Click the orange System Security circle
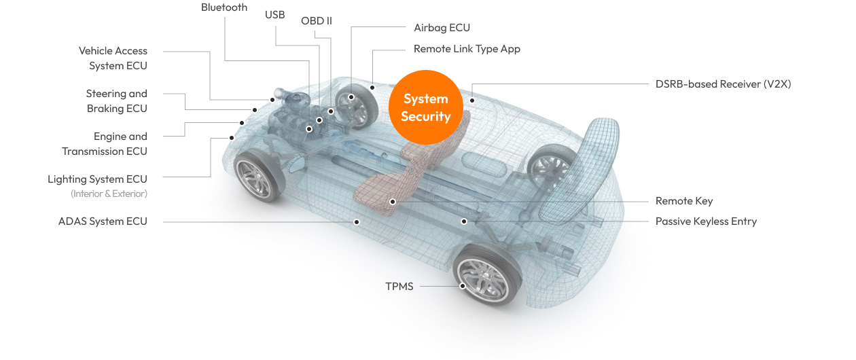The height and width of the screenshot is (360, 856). point(426,107)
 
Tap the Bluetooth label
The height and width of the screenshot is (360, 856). point(224,7)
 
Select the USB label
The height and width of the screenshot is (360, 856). point(275,15)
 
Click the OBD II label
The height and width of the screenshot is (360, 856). point(317,21)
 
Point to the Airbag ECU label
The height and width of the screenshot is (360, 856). point(442,28)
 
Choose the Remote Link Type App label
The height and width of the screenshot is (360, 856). point(467,49)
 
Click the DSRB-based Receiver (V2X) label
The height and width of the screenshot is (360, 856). point(723,84)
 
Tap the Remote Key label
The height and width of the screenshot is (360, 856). point(683,201)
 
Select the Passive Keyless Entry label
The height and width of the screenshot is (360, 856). point(706,221)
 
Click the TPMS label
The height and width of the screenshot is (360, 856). point(399,287)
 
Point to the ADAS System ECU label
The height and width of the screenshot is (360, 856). point(103,221)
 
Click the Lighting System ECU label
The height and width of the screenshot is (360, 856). point(97,179)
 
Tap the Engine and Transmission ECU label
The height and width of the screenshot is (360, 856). point(105,144)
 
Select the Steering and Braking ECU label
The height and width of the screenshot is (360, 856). point(116,101)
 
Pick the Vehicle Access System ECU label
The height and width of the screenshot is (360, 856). point(113,58)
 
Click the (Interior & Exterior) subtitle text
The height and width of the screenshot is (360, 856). point(109,194)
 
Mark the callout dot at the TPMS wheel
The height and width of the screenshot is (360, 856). point(463,286)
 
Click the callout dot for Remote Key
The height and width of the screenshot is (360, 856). point(393,202)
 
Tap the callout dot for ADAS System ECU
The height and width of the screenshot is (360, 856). point(357,221)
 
